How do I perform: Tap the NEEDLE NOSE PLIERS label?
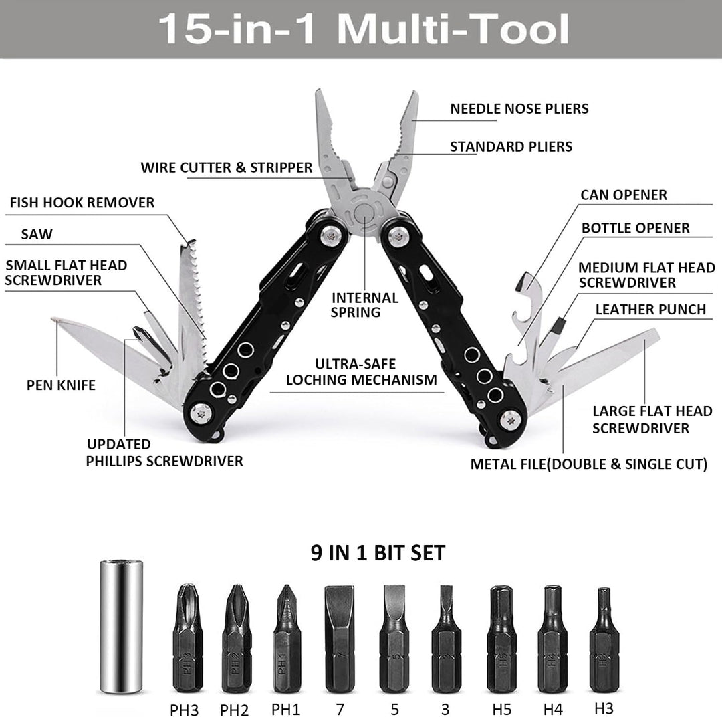[519, 108]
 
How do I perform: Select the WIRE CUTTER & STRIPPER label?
[226, 167]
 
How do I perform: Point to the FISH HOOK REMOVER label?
[82, 202]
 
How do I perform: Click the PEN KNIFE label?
[61, 385]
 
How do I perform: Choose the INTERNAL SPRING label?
[365, 305]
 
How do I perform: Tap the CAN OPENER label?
[623, 195]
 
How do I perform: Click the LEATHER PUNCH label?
[650, 309]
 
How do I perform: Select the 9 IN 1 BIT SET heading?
[378, 553]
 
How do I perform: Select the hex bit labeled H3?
[604, 639]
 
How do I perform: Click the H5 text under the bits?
[501, 708]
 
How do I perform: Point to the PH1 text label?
[287, 708]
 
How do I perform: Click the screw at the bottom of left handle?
[200, 413]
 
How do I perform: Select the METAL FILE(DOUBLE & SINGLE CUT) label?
[588, 464]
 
